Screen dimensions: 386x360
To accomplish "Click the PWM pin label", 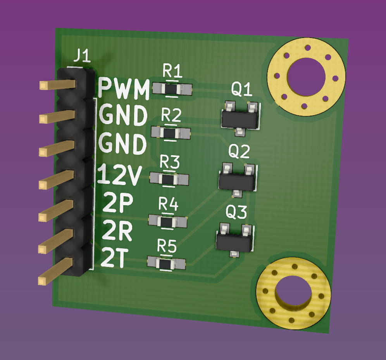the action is [124, 88].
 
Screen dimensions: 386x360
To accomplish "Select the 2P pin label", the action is [118, 202].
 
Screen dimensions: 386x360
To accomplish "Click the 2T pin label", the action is [115, 257].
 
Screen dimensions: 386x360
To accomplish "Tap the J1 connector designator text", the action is [82, 56].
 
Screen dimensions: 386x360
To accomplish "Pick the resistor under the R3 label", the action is [169, 179].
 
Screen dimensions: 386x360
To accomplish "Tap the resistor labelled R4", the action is [168, 221].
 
